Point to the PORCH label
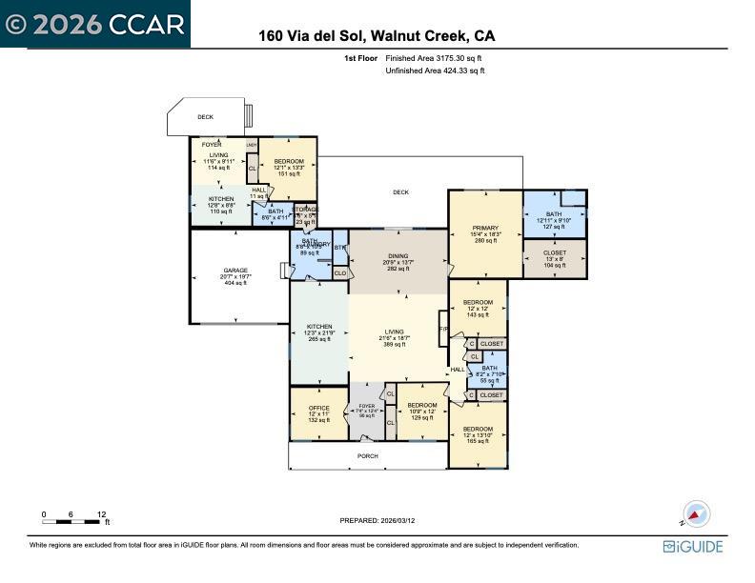[367, 456]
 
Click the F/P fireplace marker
[443, 330]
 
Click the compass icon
[696, 514]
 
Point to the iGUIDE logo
[693, 547]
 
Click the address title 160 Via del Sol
[377, 37]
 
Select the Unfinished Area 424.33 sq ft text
[435, 70]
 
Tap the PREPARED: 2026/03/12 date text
[377, 520]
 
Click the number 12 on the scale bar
[101, 514]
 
